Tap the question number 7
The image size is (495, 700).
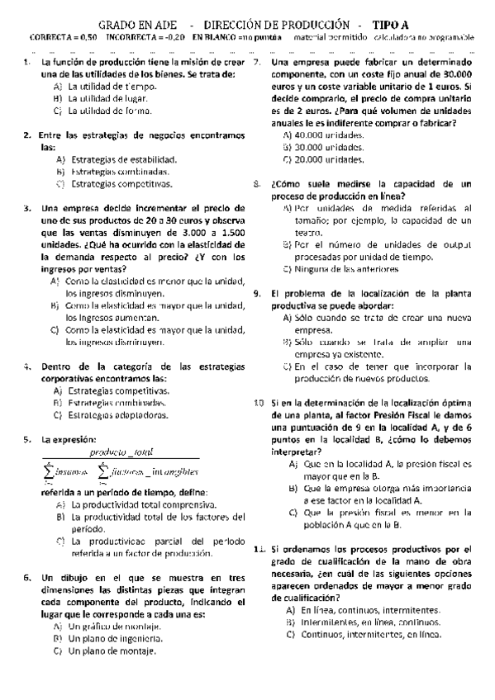click(x=257, y=63)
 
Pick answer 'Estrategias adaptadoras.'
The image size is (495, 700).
click(x=118, y=414)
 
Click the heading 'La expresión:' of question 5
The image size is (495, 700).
click(x=69, y=439)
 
